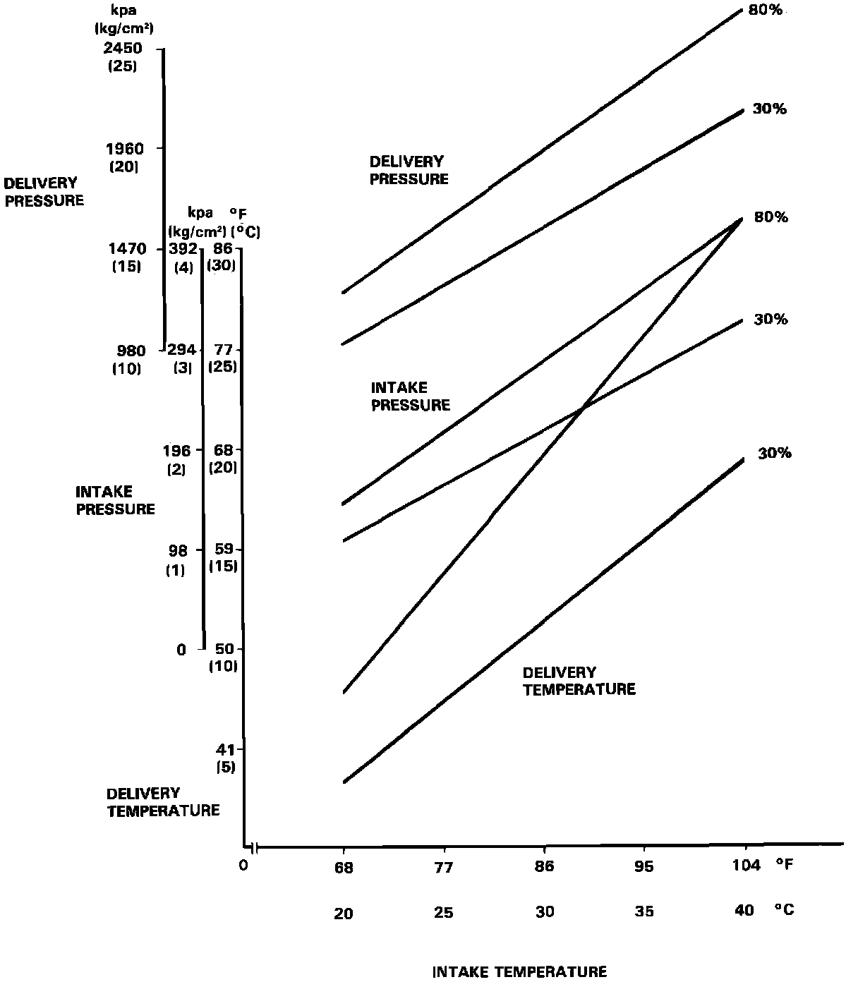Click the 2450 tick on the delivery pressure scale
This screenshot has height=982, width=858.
point(124,49)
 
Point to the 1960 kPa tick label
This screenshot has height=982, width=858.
point(124,149)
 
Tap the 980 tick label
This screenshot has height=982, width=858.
point(130,351)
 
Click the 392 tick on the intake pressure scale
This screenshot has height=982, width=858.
point(183,249)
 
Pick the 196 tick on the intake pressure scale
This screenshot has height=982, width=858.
point(177,450)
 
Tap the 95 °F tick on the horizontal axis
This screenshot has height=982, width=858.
point(644,867)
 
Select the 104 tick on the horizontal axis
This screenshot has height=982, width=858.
point(745,866)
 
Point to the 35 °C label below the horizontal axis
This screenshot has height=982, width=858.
point(644,911)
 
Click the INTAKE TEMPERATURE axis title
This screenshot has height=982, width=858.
point(519,972)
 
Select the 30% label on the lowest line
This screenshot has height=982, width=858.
point(775,454)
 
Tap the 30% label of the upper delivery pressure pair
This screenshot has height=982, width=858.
point(770,109)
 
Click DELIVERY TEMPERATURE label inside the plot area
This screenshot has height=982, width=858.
point(579,681)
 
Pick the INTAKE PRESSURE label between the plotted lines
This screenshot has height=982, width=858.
point(410,396)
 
